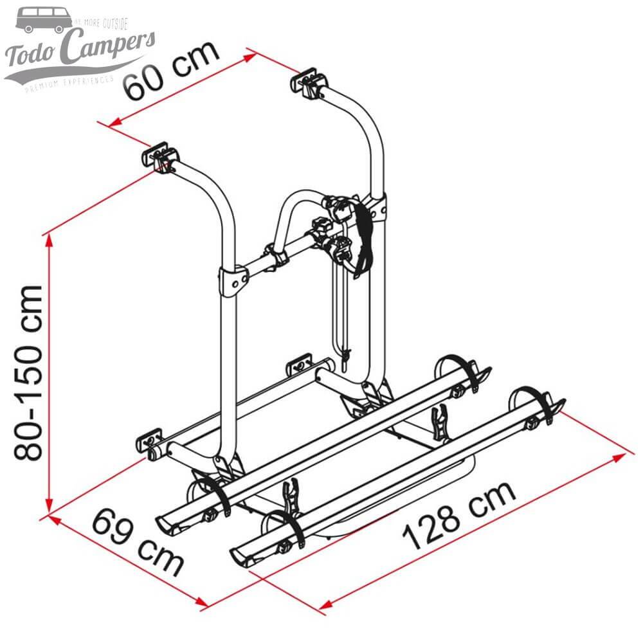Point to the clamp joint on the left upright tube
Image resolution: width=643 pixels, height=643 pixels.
click(233, 278)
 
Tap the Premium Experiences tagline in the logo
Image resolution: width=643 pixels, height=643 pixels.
click(67, 84)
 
